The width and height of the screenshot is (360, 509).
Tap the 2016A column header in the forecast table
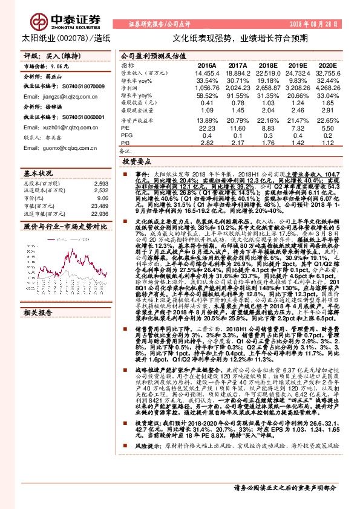click(x=206, y=64)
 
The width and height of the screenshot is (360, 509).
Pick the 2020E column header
click(x=327, y=64)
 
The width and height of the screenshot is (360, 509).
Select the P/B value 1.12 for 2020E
click(x=327, y=144)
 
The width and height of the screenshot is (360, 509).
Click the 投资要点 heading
click(x=137, y=163)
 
